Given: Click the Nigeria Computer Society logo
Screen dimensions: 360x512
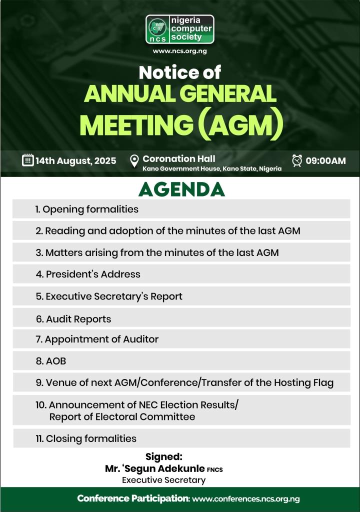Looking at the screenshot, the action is [179, 29].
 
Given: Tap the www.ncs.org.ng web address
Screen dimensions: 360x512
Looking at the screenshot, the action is [179, 51].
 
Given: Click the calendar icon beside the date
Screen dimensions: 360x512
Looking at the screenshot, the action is [28, 160].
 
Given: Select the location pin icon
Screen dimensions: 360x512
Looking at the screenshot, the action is [134, 161].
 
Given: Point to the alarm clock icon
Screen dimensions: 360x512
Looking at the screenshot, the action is [297, 160].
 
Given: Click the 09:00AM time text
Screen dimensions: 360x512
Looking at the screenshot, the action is [325, 160].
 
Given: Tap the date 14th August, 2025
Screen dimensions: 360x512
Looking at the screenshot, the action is [76, 160].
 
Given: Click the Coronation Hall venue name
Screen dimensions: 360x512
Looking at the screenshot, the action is [179, 158].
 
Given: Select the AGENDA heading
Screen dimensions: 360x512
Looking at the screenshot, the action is [181, 189].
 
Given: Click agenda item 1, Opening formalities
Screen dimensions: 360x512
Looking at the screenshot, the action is [87, 209].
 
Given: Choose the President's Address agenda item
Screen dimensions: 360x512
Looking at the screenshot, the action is [88, 274].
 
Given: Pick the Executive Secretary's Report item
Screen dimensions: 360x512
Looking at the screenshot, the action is [109, 296].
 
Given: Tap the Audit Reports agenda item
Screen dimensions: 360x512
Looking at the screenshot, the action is [73, 318].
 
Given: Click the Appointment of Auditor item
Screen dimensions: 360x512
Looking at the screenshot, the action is [97, 339].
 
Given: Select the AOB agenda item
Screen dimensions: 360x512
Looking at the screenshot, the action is [51, 361].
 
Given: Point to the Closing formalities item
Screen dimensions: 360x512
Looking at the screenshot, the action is [86, 438].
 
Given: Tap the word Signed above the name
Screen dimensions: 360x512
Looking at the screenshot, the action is [164, 456].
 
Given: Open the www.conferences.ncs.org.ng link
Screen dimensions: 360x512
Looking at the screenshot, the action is [246, 499].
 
